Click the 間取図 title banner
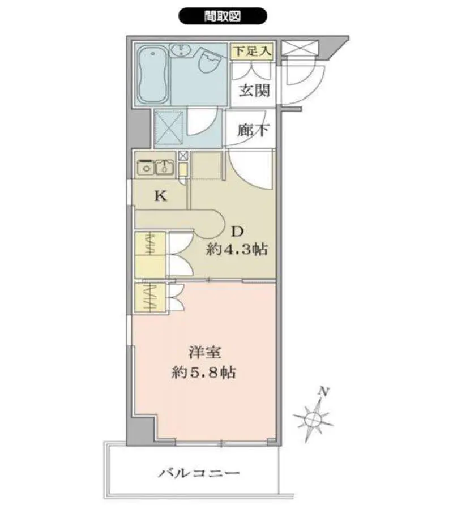point(223,16)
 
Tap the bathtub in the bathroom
point(153,75)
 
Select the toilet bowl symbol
point(210,61)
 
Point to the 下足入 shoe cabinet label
point(253,51)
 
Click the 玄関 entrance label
point(254,91)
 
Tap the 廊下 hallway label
point(254,130)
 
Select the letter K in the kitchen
point(160,195)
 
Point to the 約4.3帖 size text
point(237,249)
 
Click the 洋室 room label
point(205,353)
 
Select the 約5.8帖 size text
point(204,373)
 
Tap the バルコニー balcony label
point(199,473)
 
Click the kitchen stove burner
point(146,168)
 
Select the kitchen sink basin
point(165,168)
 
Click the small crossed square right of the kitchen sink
point(183,156)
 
